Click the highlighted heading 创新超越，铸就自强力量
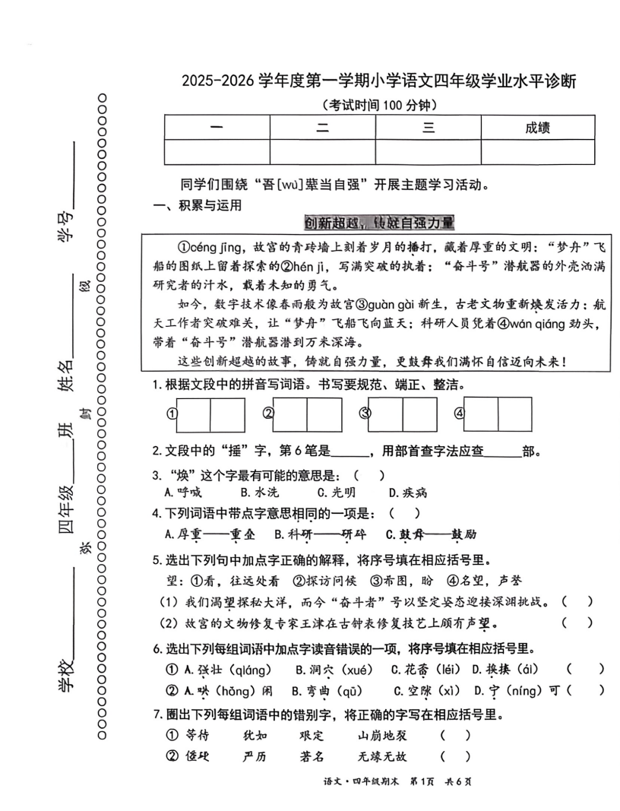pos(378,223)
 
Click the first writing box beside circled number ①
pos(193,414)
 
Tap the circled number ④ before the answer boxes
pos(459,414)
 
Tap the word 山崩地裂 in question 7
pos(382,735)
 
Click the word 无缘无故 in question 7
pos(382,756)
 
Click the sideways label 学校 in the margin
pos(67,672)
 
